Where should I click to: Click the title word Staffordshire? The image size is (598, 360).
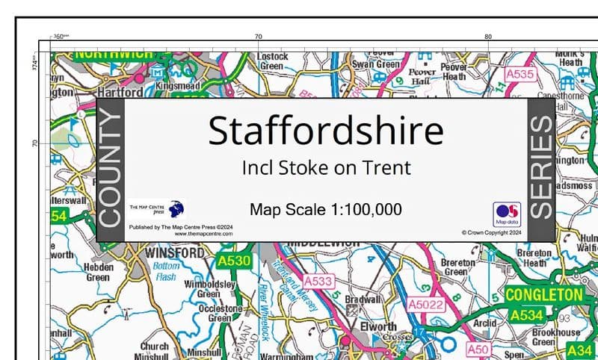(x=325, y=131)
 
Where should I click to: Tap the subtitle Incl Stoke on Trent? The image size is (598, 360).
(x=326, y=167)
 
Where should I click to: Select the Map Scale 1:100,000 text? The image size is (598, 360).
(x=326, y=209)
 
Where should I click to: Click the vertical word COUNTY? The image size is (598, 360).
(x=109, y=170)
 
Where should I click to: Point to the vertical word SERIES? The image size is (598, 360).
(x=540, y=170)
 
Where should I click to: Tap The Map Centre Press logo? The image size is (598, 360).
(x=158, y=208)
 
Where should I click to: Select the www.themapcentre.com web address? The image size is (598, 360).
(x=203, y=234)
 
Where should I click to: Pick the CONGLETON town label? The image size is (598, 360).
(x=543, y=295)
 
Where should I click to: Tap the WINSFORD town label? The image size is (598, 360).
(x=171, y=254)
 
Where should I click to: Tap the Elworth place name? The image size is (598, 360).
(x=377, y=327)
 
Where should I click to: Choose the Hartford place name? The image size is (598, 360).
(x=119, y=93)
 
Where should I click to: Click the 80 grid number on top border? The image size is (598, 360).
(x=487, y=37)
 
